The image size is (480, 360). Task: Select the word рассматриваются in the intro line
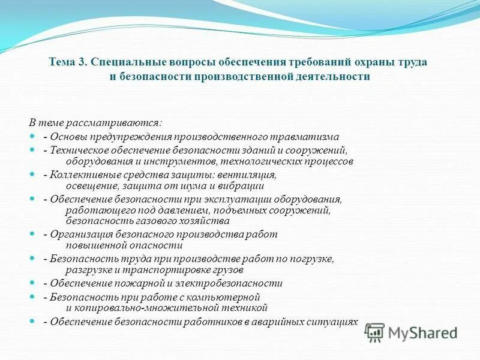(118, 122)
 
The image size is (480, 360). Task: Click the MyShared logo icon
(374, 332)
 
